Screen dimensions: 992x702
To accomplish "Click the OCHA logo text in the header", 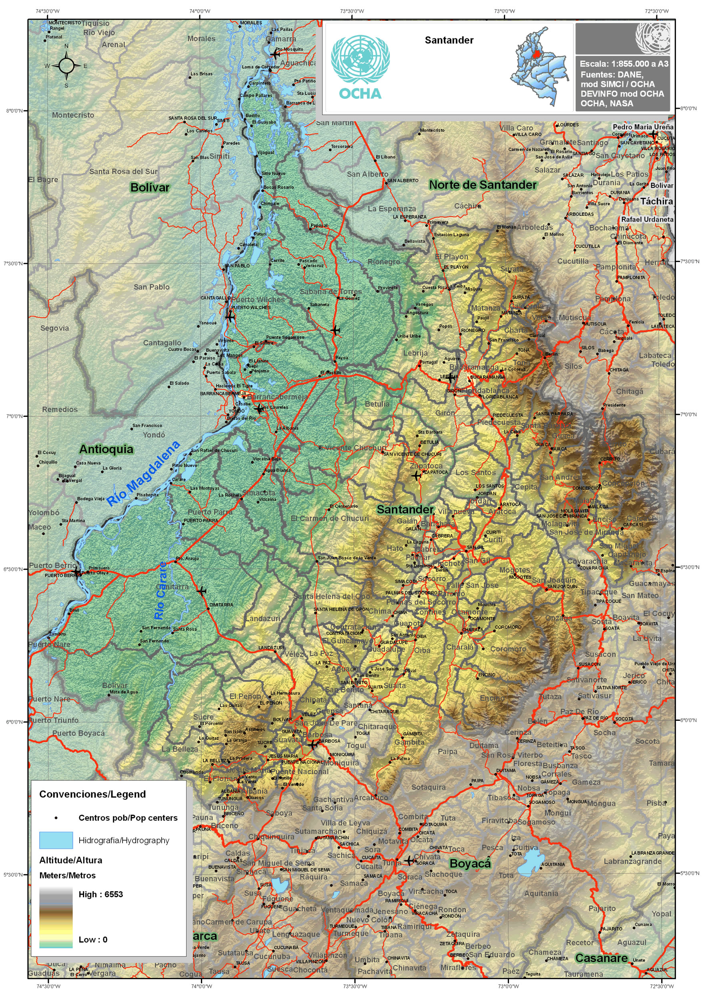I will click(x=360, y=94).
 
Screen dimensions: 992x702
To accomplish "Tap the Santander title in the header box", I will click(x=449, y=40).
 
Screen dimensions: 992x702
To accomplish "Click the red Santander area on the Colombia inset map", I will click(x=537, y=54).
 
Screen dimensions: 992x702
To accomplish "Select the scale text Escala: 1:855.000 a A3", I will click(x=624, y=64).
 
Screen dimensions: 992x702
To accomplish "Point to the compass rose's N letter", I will click(x=66, y=46).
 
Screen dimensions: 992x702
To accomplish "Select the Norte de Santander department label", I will click(x=482, y=185).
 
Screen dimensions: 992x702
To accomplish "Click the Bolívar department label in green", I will click(x=150, y=188).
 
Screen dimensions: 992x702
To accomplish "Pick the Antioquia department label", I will click(x=106, y=449).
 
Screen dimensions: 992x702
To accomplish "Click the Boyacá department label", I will click(x=470, y=863).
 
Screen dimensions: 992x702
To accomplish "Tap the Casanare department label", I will click(x=601, y=958).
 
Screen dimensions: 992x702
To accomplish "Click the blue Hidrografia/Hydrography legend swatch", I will click(x=56, y=840).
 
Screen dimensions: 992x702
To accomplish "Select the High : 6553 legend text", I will click(x=101, y=894).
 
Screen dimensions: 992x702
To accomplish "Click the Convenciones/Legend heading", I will click(x=92, y=794).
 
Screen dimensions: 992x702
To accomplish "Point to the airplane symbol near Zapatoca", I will click(x=416, y=476).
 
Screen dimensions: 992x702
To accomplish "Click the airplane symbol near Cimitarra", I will click(x=201, y=591).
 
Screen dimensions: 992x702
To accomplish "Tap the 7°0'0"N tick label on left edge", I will click(x=14, y=416).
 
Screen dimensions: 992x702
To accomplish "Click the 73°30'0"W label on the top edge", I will click(x=352, y=11).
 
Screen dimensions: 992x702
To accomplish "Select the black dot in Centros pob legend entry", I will click(x=56, y=818).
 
